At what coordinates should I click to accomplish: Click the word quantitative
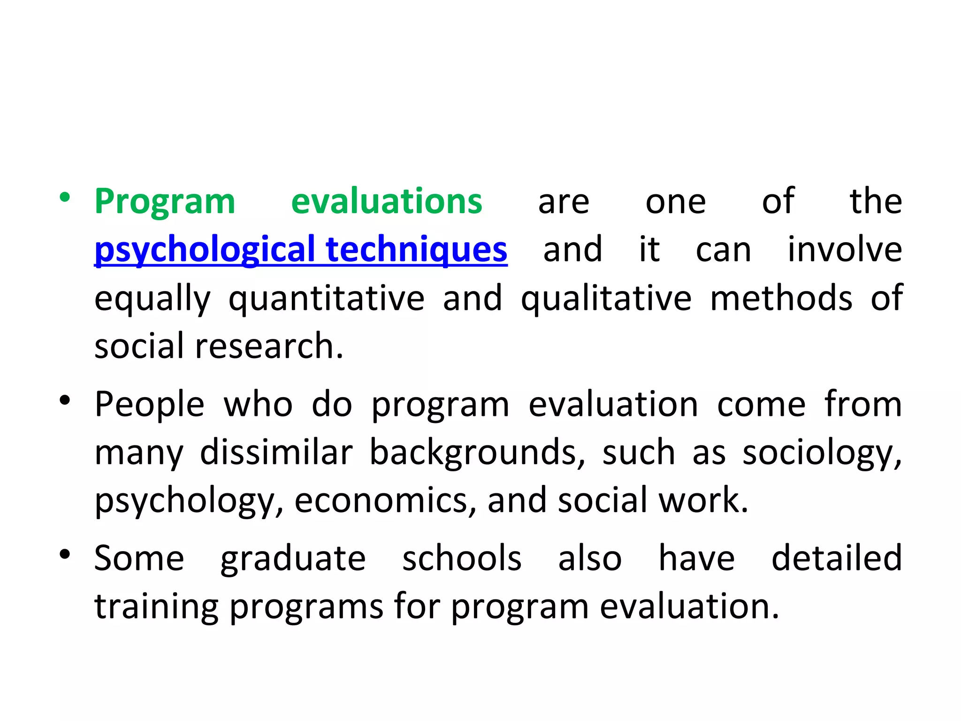327,299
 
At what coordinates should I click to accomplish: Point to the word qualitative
606,299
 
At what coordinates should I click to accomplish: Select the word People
149,405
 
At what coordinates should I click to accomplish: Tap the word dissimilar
276,452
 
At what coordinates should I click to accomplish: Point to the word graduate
293,559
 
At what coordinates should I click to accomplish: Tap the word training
156,607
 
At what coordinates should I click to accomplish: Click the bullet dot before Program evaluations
65,198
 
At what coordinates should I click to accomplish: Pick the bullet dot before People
65,400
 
